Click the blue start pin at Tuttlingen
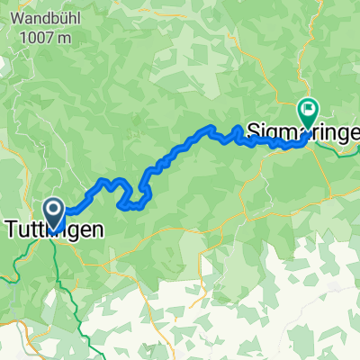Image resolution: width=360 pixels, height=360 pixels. click(54, 212)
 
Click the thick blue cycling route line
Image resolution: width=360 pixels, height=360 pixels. click(171, 157)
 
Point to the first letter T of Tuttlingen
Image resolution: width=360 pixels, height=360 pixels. click(13, 230)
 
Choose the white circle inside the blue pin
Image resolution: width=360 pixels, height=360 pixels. click(54, 210)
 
